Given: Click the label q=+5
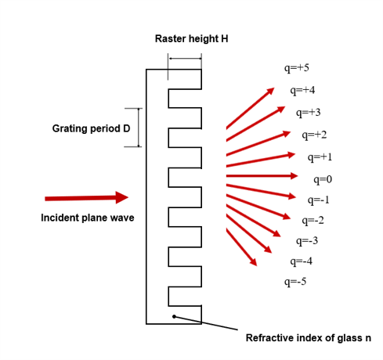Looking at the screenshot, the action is pos(297,68).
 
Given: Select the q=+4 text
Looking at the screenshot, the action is pos(302,91).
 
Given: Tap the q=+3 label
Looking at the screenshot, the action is pos(308,113).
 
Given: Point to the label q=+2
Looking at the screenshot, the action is pos(314,135).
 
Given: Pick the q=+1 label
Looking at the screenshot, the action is pos(320,157).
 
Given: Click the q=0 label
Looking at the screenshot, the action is pos(323,180).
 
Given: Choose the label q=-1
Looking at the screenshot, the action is pos(318,200).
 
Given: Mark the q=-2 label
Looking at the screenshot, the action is pos(313,221).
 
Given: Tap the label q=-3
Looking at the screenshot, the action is pos(307,241).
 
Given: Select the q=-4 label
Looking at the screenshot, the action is pos(301,261).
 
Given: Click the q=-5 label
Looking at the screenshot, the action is pos(295,282).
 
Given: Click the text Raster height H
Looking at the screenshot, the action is pos(191,39).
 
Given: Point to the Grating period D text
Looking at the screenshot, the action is pos(91,128).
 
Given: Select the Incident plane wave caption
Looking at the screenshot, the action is pos(88,218).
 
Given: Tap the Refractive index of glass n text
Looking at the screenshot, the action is pos(309,338).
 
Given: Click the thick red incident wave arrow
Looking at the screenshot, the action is pos(86,198).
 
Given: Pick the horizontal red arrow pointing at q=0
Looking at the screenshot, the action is pos(262,176).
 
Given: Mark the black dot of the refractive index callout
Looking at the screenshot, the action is pos(174,316).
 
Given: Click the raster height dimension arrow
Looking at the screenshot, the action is pos(185,59).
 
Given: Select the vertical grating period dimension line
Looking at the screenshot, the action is pos(139,128).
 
